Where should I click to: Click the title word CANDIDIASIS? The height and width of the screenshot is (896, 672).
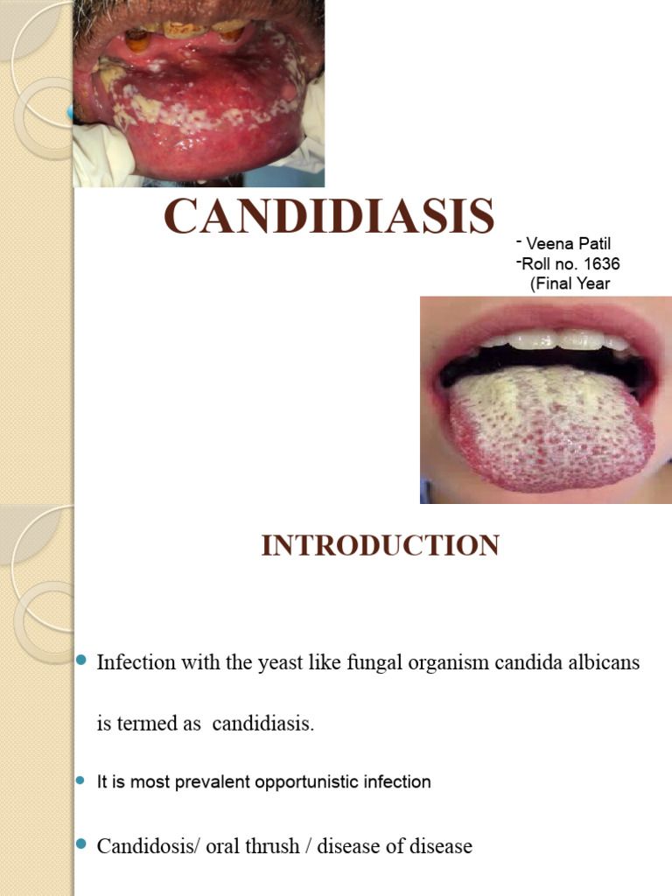(x=329, y=216)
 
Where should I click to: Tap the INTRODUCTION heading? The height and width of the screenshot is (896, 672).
(x=380, y=545)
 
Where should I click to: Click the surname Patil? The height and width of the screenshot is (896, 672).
(x=592, y=244)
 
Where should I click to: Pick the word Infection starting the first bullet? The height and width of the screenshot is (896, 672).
(x=136, y=662)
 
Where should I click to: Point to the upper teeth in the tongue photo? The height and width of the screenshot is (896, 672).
(x=551, y=339)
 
